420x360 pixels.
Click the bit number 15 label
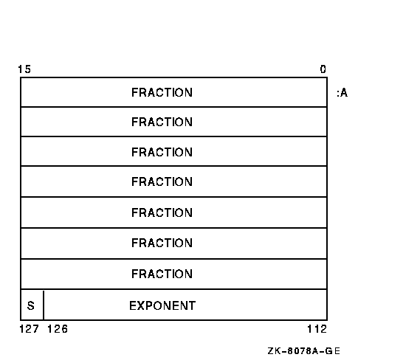tap(24, 69)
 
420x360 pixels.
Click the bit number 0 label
tap(323, 69)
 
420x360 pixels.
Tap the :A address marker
tap(342, 93)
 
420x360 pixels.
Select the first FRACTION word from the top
tap(162, 93)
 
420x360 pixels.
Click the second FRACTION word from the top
tap(162, 122)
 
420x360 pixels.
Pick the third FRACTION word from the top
tap(162, 152)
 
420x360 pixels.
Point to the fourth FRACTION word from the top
tap(162, 181)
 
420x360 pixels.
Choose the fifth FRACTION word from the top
tap(162, 212)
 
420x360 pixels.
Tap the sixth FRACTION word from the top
tap(162, 243)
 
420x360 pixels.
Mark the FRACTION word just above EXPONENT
tap(162, 274)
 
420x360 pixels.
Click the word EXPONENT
tap(162, 305)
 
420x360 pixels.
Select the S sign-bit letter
tap(31, 305)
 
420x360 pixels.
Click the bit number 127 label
tap(30, 329)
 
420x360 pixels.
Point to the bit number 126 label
tap(58, 329)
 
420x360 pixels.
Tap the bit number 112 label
tap(317, 329)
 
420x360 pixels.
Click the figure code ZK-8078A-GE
tap(304, 351)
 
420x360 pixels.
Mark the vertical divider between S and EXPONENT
tap(44, 305)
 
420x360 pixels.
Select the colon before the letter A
tap(338, 94)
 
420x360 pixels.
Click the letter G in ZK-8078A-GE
tap(329, 351)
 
